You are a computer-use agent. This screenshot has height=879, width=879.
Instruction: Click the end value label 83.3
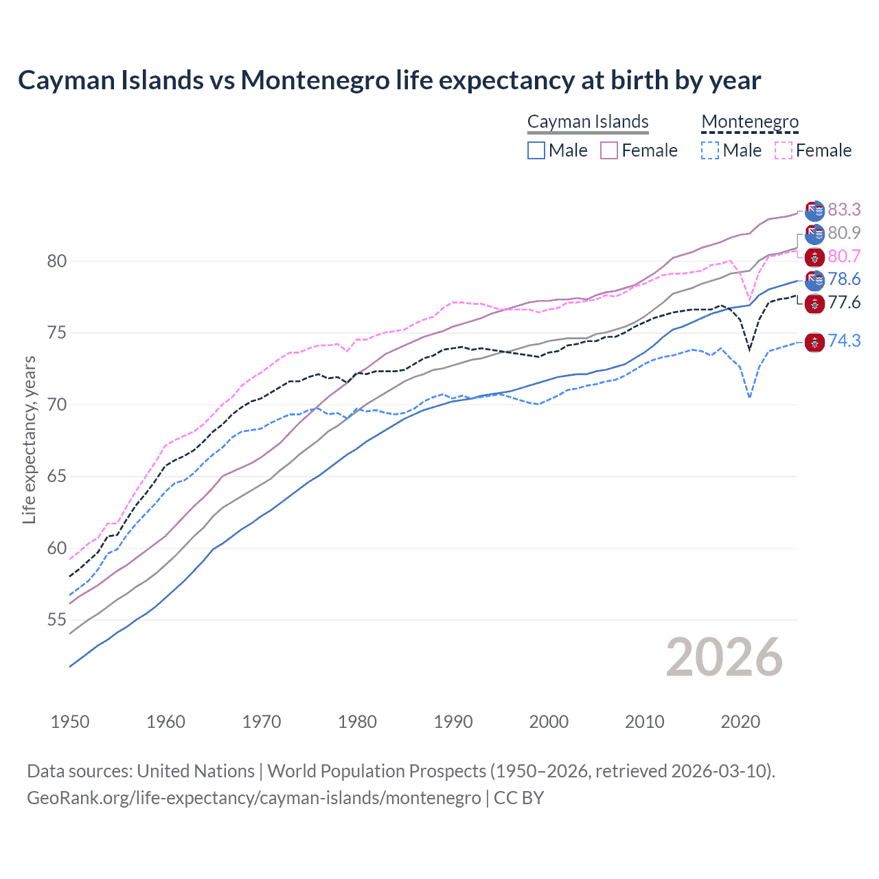[844, 209]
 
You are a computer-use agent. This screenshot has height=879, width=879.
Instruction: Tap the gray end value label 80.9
[844, 233]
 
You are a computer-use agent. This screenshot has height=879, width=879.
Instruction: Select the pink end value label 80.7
[844, 257]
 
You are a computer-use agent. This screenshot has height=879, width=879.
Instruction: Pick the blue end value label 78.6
[844, 279]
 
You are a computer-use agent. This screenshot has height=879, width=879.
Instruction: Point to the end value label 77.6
[844, 303]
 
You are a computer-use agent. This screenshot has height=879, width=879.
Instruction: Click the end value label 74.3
[844, 341]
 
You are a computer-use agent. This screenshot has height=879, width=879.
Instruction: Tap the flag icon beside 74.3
[814, 341]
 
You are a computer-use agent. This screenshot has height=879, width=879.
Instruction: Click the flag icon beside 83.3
[814, 210]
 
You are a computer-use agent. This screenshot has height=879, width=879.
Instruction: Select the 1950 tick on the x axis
[70, 722]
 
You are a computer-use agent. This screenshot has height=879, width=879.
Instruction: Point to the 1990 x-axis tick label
[453, 722]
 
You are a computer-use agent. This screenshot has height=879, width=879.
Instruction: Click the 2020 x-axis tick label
[740, 722]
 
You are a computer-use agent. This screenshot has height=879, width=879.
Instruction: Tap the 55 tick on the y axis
[56, 620]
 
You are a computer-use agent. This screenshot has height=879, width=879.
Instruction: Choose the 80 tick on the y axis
[56, 261]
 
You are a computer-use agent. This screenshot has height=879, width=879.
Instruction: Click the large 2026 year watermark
[724, 658]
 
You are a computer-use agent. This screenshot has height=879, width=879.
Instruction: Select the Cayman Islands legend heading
[588, 122]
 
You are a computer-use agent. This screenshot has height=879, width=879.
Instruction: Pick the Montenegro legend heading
[750, 122]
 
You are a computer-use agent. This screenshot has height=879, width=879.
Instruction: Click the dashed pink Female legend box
[784, 150]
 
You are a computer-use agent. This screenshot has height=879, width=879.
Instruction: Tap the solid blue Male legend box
[536, 150]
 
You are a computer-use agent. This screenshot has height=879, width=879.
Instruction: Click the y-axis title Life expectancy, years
[29, 439]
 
